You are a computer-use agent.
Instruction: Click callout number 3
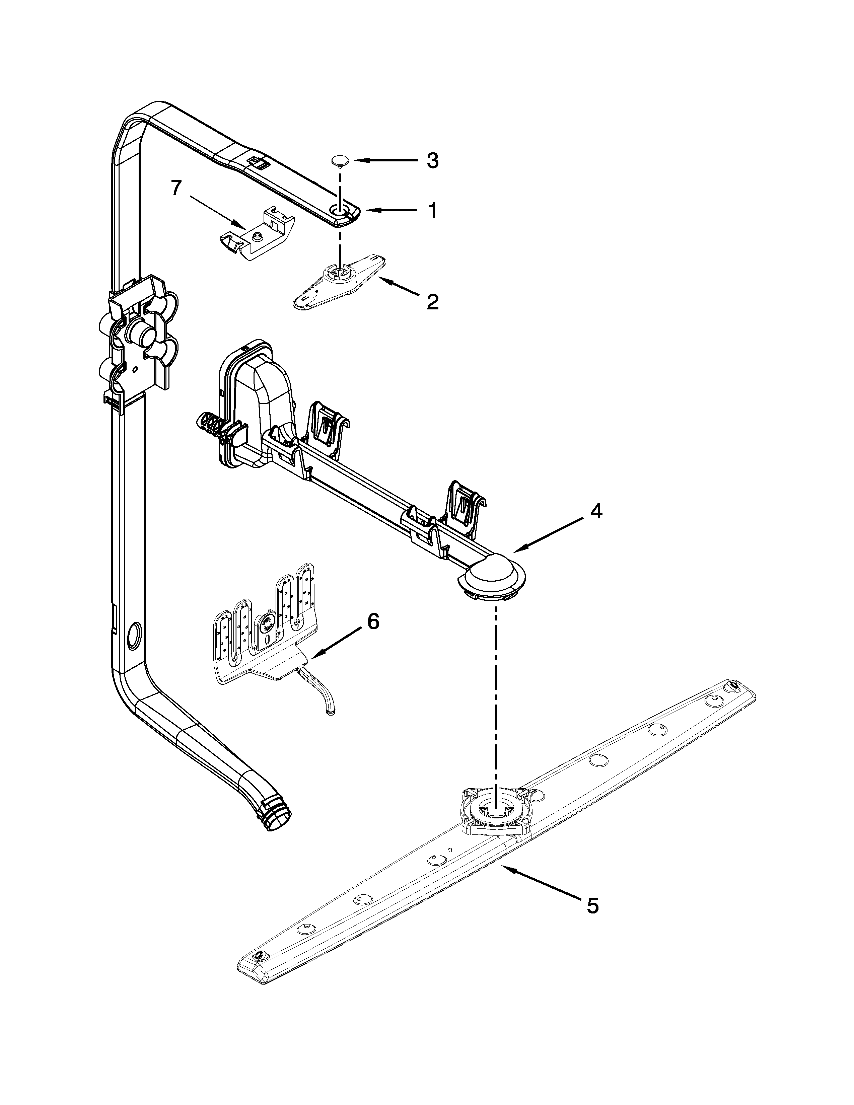coord(432,160)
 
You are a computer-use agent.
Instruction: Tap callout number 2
coord(432,302)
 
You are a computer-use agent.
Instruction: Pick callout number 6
coord(373,622)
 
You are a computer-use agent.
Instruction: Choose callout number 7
coord(175,189)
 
